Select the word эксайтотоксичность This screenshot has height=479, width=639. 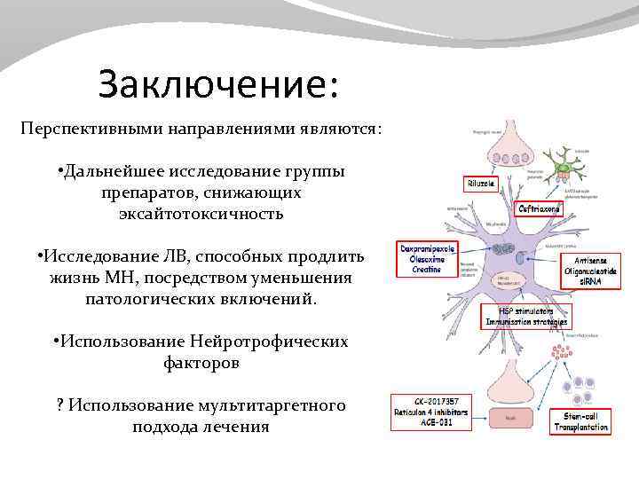pos(201,214)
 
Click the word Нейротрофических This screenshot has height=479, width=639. pos(268,342)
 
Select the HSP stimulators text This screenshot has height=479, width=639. pos(525,311)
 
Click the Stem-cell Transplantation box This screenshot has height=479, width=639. pos(581,420)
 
